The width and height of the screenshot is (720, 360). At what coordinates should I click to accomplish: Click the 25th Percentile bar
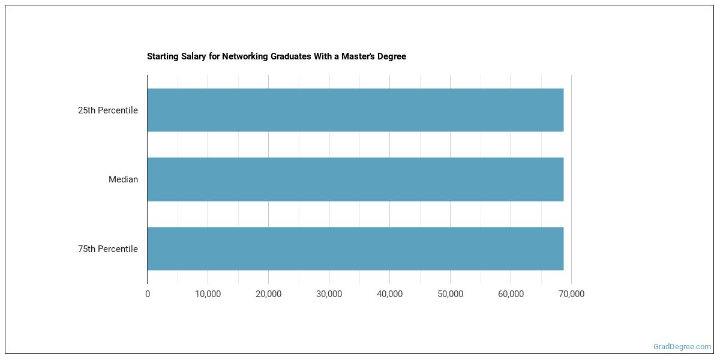355,110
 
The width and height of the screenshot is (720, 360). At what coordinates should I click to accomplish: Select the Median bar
355,179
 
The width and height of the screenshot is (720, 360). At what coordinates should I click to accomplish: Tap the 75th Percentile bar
355,248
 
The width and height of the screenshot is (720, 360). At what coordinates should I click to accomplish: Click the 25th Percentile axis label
108,110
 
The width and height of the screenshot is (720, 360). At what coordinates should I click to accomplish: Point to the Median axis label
123,179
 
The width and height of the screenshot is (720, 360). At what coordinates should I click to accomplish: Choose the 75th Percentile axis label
108,249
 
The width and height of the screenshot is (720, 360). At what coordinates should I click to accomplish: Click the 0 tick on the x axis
148,294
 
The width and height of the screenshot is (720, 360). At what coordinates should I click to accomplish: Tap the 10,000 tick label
208,294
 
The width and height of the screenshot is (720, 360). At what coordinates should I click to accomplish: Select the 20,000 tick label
268,294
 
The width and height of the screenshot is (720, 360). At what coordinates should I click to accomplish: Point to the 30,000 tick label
329,294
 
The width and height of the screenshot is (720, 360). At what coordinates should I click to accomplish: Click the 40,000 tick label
389,294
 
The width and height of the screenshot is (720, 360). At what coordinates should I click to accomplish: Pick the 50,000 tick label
450,294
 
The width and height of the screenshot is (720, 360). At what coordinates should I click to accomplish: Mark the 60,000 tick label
511,294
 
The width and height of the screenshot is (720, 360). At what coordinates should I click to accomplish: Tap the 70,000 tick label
571,294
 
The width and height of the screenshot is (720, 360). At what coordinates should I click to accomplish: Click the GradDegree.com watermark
682,347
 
